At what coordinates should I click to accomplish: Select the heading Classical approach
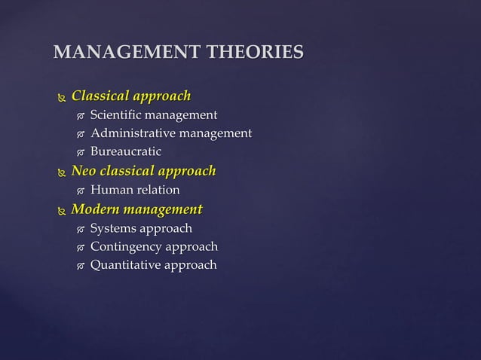pyautogui.click(x=130, y=96)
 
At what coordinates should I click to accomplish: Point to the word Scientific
pyautogui.click(x=115, y=115)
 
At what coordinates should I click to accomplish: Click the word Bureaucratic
pyautogui.click(x=126, y=153)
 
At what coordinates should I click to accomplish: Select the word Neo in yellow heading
pyautogui.click(x=84, y=172)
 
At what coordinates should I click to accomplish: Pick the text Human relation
pyautogui.click(x=135, y=191)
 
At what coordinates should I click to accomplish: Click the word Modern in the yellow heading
pyautogui.click(x=95, y=209)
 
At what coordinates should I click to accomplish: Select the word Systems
pyautogui.click(x=113, y=228)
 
